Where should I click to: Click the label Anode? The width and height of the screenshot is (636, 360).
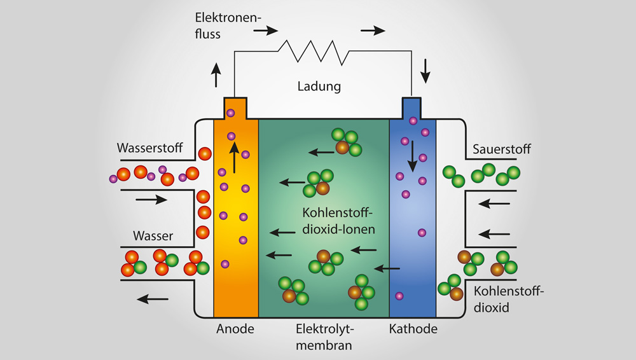[x=235, y=328]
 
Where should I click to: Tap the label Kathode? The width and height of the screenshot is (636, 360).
[x=413, y=328]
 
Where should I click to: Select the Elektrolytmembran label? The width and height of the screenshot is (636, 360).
[x=324, y=337]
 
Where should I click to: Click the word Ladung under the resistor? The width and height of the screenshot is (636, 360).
[x=319, y=86]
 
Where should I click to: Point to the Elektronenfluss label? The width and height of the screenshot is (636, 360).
[x=228, y=25]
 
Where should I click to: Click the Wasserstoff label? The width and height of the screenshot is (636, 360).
[x=149, y=148]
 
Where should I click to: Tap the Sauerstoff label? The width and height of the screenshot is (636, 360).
[x=501, y=149]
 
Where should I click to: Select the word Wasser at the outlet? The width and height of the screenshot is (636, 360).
[x=153, y=235]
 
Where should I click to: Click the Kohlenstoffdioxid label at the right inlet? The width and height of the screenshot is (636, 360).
[x=508, y=299]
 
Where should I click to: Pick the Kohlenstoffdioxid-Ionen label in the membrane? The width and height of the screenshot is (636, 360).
[x=338, y=221]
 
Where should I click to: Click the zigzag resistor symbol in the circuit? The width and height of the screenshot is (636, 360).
[x=313, y=52]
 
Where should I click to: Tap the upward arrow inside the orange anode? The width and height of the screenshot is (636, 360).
[x=234, y=158]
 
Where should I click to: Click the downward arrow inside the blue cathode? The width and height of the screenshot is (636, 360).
[x=412, y=156]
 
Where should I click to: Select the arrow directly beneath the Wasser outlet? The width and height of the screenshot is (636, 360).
[x=153, y=299]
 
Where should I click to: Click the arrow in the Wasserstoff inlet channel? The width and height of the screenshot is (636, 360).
[x=151, y=199]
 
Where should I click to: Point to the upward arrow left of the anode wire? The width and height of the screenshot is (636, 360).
[x=216, y=75]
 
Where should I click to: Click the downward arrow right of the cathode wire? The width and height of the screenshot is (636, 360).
[x=425, y=71]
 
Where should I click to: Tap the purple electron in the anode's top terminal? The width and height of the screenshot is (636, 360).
[x=230, y=113]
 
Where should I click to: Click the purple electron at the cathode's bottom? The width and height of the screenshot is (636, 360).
[x=399, y=296]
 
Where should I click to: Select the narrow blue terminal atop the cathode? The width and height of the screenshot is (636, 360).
[x=411, y=108]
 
